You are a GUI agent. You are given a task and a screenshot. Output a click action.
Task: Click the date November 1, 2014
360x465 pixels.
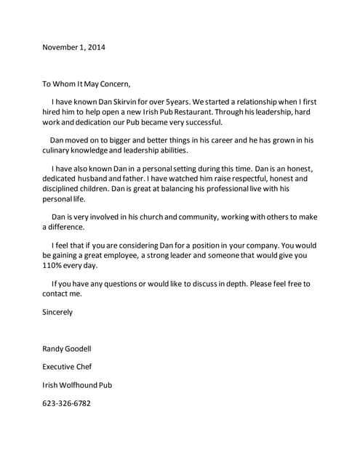coord(74,47)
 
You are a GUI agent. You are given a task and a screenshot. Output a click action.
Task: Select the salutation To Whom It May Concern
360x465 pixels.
coord(87,83)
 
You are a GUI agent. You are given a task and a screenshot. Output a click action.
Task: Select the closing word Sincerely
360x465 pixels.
coord(57,312)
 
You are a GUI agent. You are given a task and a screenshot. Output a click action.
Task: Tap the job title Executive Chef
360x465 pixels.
coord(67,367)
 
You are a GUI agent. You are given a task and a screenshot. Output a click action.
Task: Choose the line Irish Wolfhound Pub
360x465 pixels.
coord(77,384)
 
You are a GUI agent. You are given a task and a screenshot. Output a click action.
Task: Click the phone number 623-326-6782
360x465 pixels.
coord(68,403)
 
